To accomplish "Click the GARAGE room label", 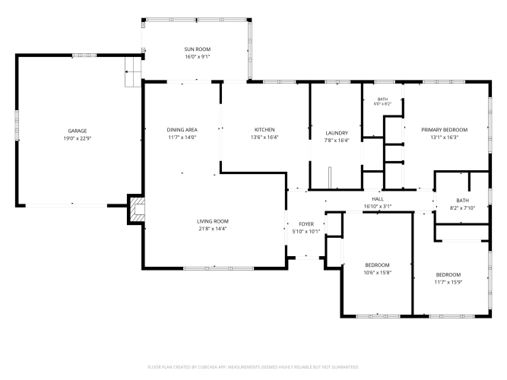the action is tap(78, 131).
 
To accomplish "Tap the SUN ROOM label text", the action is tap(197, 49).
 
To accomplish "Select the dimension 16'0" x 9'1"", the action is tap(197, 57).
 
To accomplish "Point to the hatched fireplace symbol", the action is tap(138, 209).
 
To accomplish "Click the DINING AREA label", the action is tap(182, 130).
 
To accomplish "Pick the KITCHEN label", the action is tap(265, 130).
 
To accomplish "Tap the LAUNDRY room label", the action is tap(337, 133).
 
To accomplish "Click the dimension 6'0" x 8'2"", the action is tap(382, 104).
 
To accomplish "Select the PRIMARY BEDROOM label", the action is tap(444, 130).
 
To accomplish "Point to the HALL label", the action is tap(378, 199).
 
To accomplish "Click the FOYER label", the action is tap(306, 223).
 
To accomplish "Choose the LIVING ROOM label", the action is tap(213, 221).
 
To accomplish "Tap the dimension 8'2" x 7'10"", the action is tap(462, 208).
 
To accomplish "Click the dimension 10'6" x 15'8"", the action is tap(377, 273).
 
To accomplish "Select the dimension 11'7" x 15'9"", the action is tap(448, 282).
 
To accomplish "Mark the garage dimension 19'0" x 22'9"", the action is tap(78, 138).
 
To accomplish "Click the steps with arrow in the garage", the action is tap(133, 71).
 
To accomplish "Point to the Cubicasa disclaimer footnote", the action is tap(253, 367).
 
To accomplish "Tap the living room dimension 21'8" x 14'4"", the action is tap(213, 229).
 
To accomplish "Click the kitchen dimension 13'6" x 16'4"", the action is tap(265, 137).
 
